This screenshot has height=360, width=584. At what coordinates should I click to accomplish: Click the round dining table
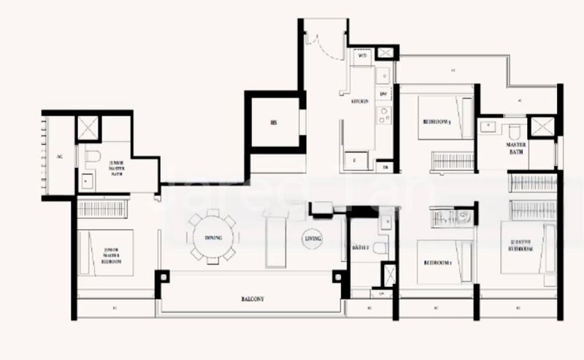click(x=213, y=237)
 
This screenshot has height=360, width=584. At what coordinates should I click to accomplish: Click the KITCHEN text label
click(x=360, y=102)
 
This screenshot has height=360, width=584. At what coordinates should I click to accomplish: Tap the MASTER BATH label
click(x=516, y=148)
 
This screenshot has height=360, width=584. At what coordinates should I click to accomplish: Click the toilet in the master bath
click(x=514, y=130)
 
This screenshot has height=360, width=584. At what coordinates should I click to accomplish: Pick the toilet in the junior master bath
click(x=92, y=156)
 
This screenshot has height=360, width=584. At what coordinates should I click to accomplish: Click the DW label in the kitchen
click(x=383, y=93)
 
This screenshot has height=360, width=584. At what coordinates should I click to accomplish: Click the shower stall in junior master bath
click(x=86, y=127)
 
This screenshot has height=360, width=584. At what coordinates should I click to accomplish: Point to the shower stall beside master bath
click(x=542, y=127)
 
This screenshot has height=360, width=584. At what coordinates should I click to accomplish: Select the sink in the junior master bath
click(x=87, y=180)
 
